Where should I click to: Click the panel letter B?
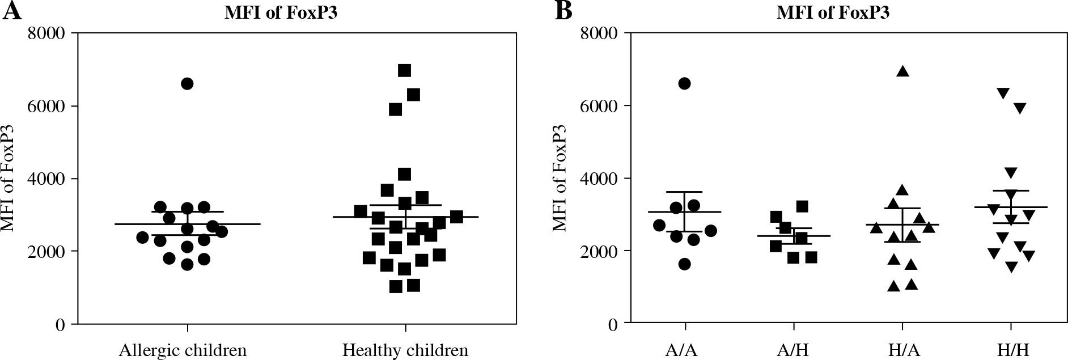(563, 11)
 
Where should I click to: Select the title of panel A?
(281, 13)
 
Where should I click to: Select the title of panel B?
(833, 13)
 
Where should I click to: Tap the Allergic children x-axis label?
(183, 350)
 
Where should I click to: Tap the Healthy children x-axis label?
(405, 350)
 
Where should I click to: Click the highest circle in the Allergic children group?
(187, 84)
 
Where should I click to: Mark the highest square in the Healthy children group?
(404, 71)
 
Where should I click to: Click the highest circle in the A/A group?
(684, 84)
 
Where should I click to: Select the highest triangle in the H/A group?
(902, 71)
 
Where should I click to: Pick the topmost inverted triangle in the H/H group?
(1003, 93)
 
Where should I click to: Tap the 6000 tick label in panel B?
(600, 106)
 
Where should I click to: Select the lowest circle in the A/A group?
(684, 264)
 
